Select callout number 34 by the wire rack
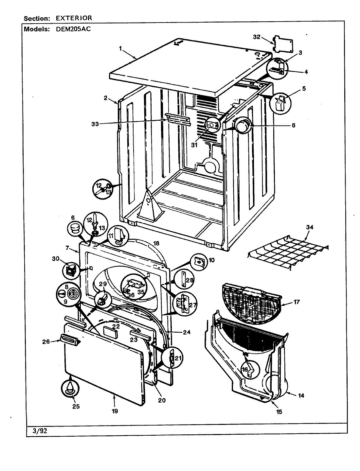(x=309, y=227)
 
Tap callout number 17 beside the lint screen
(x=297, y=302)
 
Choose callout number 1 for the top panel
(x=120, y=48)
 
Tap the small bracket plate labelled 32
(x=283, y=43)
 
